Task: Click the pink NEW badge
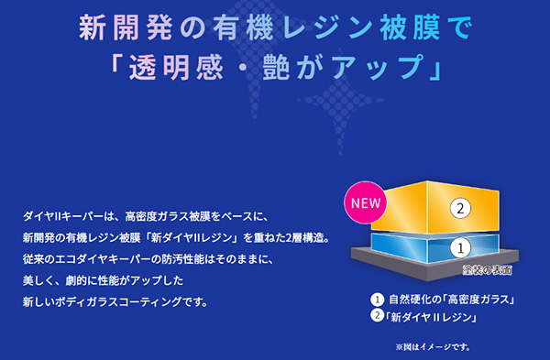click(x=366, y=202)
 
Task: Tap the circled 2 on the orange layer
click(x=460, y=209)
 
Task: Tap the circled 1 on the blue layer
click(x=460, y=248)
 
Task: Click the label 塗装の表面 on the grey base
click(x=488, y=270)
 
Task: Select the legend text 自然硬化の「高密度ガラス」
click(x=452, y=300)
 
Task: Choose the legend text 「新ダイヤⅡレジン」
click(x=431, y=317)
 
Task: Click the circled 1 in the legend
click(x=378, y=300)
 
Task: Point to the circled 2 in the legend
click(x=377, y=315)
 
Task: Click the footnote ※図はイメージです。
click(x=433, y=347)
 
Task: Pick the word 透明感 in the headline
click(x=176, y=67)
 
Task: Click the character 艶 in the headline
click(x=276, y=67)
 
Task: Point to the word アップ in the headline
click(x=378, y=67)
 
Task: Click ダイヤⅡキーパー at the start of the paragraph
click(x=63, y=216)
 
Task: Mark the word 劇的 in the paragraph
click(x=76, y=280)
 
